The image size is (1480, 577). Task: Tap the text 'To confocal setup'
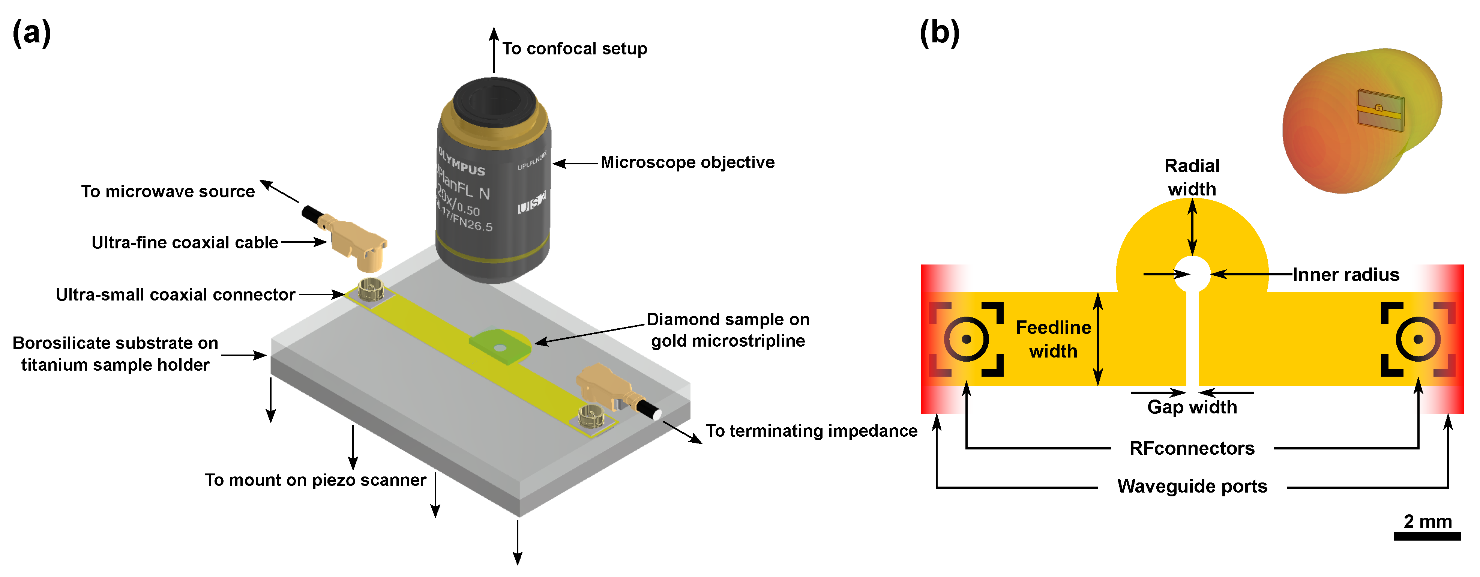575,49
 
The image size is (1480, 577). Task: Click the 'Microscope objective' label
687,163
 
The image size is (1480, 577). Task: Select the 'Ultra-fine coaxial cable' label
185,242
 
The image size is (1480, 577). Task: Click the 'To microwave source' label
168,191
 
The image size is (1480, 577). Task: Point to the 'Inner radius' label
1346,275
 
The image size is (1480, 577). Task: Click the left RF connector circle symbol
967,339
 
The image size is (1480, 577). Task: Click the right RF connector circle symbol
1418,339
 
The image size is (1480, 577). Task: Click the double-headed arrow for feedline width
1097,339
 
